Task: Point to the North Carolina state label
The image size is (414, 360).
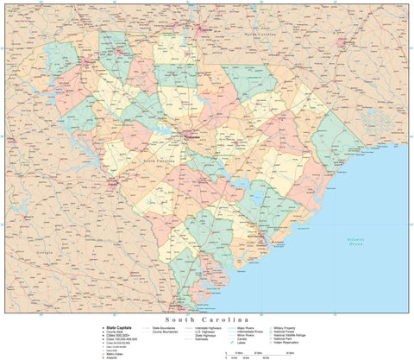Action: pos(262,32)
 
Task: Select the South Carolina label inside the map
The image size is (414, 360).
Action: pos(160,161)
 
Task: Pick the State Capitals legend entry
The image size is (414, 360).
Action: pos(119,328)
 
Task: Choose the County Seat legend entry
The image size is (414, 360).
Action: pos(116,332)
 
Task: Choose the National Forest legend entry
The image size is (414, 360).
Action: pos(285,332)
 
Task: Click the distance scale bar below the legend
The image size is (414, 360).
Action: pos(259,354)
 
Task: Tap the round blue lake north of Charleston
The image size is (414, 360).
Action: pos(256,200)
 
